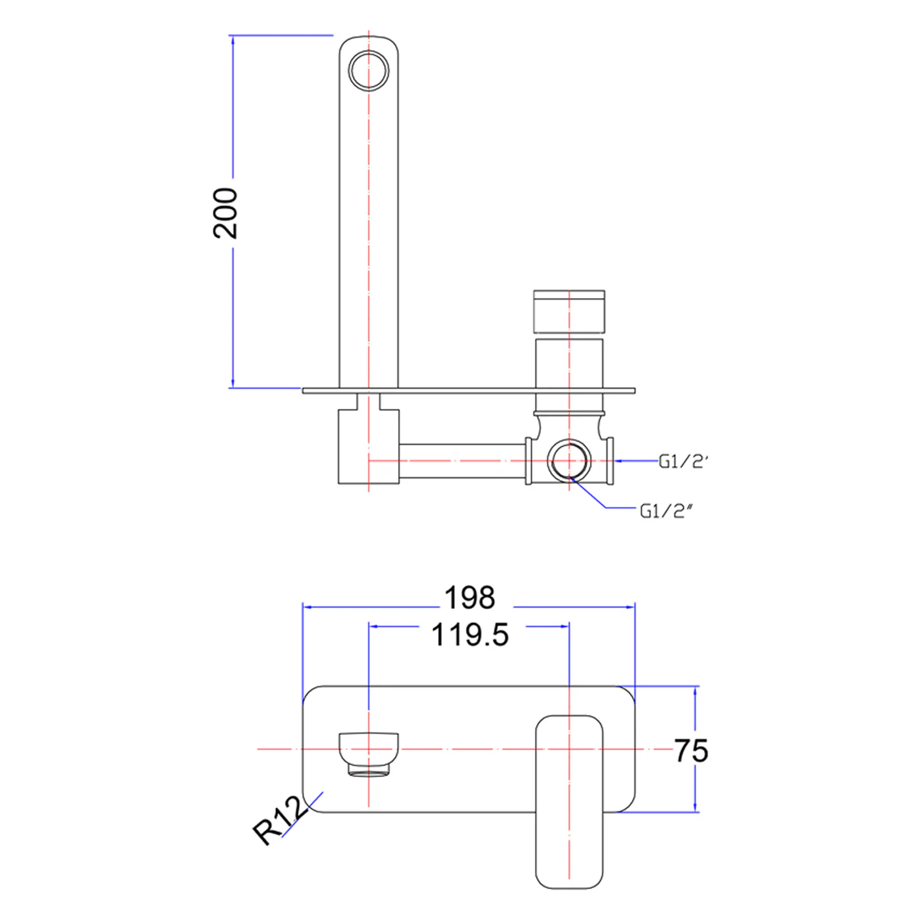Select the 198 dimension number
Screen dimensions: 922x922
(469, 598)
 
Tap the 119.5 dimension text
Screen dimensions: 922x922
(470, 636)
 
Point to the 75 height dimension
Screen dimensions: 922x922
(691, 751)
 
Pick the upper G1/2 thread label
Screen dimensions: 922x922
(682, 462)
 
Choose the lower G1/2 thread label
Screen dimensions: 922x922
(666, 511)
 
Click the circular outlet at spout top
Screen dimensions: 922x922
(369, 70)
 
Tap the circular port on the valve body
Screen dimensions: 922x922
(569, 460)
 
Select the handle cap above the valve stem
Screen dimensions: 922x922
(569, 311)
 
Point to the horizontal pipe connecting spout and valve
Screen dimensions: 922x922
(461, 461)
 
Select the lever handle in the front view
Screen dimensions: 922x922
(569, 801)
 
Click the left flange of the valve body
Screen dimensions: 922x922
(528, 461)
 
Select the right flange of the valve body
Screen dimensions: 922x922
(610, 461)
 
